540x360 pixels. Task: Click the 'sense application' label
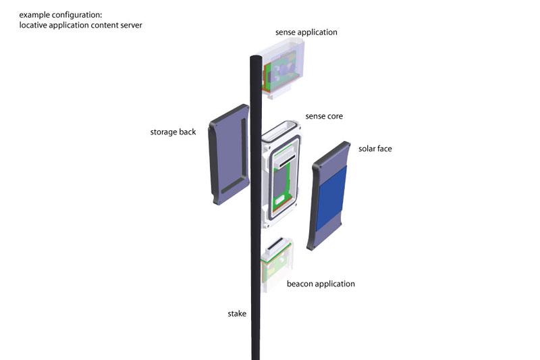pyautogui.click(x=306, y=32)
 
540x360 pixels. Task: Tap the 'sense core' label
pyautogui.click(x=324, y=116)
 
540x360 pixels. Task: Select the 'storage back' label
pyautogui.click(x=173, y=132)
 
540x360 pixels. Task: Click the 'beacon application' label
pyautogui.click(x=321, y=284)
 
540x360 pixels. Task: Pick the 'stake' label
pyautogui.click(x=238, y=313)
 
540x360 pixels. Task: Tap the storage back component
pyautogui.click(x=228, y=155)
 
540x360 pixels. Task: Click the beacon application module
pyautogui.click(x=277, y=266)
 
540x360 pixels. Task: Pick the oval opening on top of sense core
pyautogui.click(x=282, y=130)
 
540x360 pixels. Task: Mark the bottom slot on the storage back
pyautogui.click(x=231, y=184)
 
